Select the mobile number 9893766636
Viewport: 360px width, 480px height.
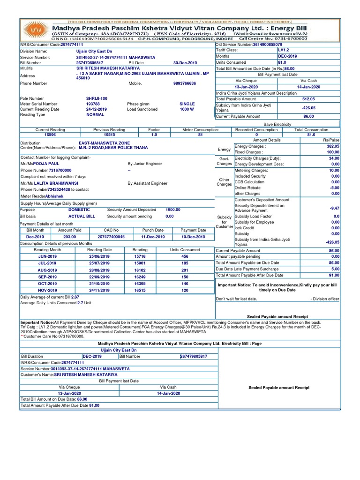tap(184, 83)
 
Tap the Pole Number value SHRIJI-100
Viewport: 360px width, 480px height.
tap(97, 99)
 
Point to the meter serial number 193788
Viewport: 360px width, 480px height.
tap(93, 104)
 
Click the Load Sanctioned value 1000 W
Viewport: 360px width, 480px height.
tap(187, 109)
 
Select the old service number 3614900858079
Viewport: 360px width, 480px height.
tap(268, 45)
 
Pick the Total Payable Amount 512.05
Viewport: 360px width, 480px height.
tap(308, 99)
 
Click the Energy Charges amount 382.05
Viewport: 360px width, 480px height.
tap(333, 146)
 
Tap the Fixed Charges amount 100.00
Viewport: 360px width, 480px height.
tap(333, 152)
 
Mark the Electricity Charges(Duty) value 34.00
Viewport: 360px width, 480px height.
tap(334, 158)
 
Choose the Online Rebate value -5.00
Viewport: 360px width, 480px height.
tap(335, 187)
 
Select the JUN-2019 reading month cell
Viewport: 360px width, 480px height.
tap(47, 257)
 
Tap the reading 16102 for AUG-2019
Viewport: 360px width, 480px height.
tap(140, 270)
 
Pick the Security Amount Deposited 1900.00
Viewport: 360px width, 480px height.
tap(172, 210)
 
